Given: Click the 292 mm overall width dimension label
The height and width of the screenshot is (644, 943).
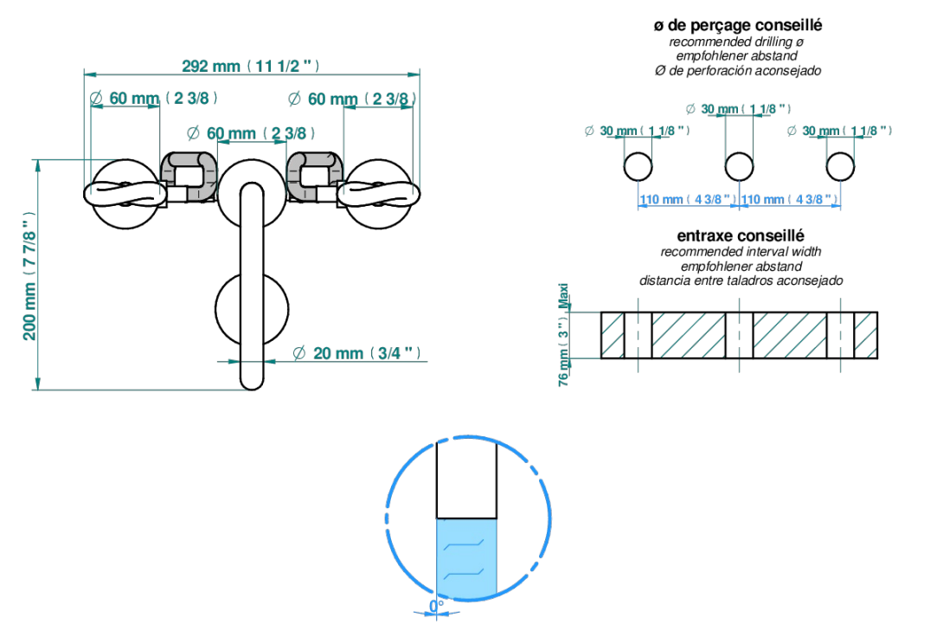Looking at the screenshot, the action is [x=250, y=66].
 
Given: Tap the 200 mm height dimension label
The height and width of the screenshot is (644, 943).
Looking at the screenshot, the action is [x=29, y=275].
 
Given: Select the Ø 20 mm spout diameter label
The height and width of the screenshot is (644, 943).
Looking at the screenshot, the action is [x=356, y=352].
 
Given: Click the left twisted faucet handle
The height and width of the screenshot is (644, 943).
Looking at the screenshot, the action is [x=125, y=194].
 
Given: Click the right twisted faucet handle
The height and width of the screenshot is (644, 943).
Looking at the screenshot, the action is [x=378, y=194].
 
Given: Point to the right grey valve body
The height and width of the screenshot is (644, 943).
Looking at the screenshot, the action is [x=315, y=176].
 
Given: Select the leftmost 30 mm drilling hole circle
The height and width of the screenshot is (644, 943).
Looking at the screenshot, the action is [x=638, y=167].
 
